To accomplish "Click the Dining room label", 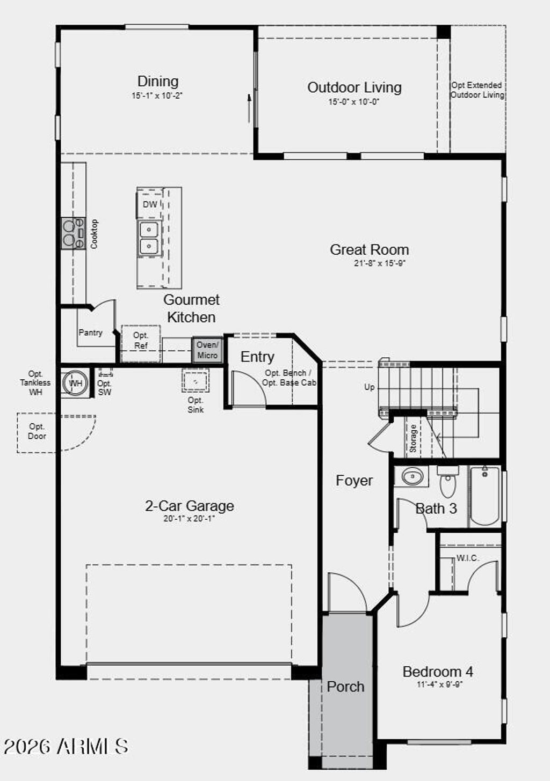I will [x=158, y=82].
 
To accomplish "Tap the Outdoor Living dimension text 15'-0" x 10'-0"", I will [x=354, y=102].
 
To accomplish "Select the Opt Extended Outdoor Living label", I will [x=477, y=90].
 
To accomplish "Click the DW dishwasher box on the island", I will [x=150, y=204].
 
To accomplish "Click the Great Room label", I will [x=369, y=249].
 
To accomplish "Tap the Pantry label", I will [x=90, y=333].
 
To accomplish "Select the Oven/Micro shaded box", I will [x=207, y=350].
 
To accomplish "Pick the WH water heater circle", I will [x=75, y=384].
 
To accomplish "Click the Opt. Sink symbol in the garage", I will [x=196, y=381].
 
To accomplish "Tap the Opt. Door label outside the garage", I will [x=37, y=431].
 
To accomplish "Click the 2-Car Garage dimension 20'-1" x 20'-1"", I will [x=189, y=519].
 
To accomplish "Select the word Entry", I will [x=257, y=357].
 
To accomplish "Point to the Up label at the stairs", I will [x=370, y=387].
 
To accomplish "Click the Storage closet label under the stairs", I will [x=413, y=438].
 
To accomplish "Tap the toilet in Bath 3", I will [x=447, y=482].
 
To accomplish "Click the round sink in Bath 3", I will [x=412, y=476].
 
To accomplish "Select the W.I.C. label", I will [x=468, y=558].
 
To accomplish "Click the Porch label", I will [x=345, y=687].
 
